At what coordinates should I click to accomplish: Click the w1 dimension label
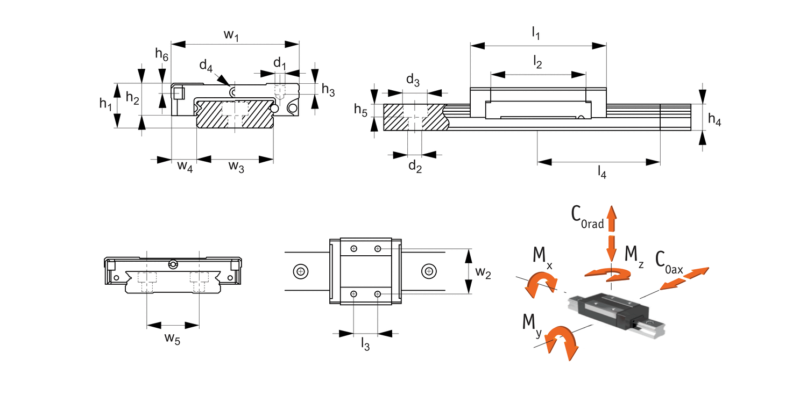pyautogui.click(x=231, y=35)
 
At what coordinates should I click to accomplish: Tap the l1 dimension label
pyautogui.click(x=536, y=33)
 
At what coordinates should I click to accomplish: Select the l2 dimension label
pyautogui.click(x=537, y=63)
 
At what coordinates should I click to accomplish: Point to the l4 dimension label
pyautogui.click(x=602, y=172)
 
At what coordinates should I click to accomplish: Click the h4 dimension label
pyautogui.click(x=714, y=119)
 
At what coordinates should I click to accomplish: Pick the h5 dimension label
pyautogui.click(x=360, y=110)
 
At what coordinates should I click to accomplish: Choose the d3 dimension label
pyautogui.click(x=413, y=80)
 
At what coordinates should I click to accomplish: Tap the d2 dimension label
pyautogui.click(x=415, y=167)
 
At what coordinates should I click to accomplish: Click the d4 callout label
pyautogui.click(x=206, y=66)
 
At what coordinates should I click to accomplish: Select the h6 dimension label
pyautogui.click(x=162, y=54)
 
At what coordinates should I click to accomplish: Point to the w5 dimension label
pyautogui.click(x=172, y=339)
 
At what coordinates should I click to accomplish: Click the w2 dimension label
pyautogui.click(x=483, y=272)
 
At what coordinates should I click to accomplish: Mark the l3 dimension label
pyautogui.click(x=365, y=344)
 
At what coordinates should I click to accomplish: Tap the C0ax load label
pyautogui.click(x=669, y=263)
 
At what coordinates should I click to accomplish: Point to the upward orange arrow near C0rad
pyautogui.click(x=611, y=218)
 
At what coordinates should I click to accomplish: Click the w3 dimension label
pyautogui.click(x=236, y=167)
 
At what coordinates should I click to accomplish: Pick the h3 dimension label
pyautogui.click(x=328, y=90)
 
